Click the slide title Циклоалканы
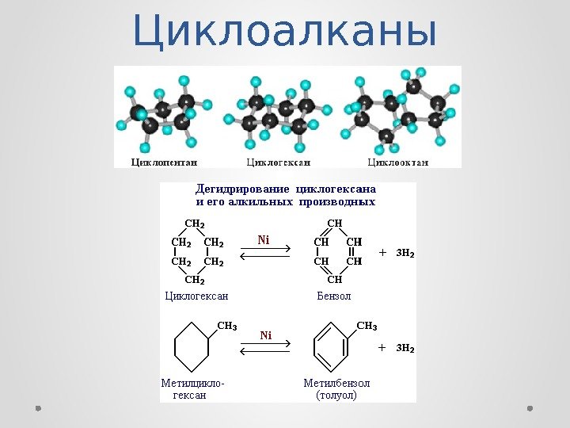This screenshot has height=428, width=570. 284,32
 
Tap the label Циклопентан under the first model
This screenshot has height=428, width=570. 156,162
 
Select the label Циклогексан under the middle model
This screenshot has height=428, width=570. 279,162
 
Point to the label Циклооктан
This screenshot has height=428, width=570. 398,162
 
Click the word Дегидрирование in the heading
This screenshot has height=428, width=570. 243,189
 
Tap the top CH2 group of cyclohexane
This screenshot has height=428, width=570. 195,224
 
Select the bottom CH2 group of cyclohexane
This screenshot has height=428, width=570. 195,279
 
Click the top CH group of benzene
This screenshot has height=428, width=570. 335,224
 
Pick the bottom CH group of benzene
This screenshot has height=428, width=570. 335,279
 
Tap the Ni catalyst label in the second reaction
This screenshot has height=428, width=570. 265,335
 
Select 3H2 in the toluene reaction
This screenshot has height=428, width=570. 405,347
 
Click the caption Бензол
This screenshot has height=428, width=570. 334,296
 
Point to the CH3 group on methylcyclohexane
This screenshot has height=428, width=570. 226,325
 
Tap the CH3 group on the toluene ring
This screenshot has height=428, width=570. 367,325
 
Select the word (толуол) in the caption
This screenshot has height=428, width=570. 336,395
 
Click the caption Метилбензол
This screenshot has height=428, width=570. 336,383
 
